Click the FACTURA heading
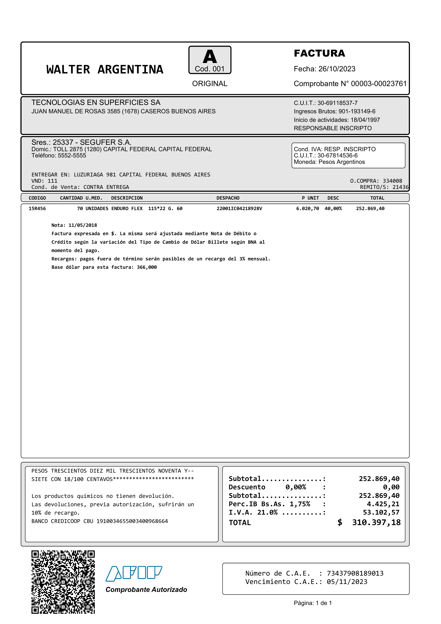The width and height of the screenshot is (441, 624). pos(319,53)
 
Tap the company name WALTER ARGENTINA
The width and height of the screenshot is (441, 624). pos(105,70)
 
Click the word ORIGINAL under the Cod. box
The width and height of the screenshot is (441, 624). pos(210,84)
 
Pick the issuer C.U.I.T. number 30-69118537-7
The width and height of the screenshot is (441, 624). pos(338,103)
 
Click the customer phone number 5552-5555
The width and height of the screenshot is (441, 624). pos(72,156)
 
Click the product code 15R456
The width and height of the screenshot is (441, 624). pos(37,209)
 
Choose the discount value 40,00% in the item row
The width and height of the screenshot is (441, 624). pos(333,209)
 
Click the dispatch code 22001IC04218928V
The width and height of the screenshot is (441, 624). pos(239,209)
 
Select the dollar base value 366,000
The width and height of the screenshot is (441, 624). pos(147,267)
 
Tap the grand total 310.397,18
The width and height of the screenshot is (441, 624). pos(376,523)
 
